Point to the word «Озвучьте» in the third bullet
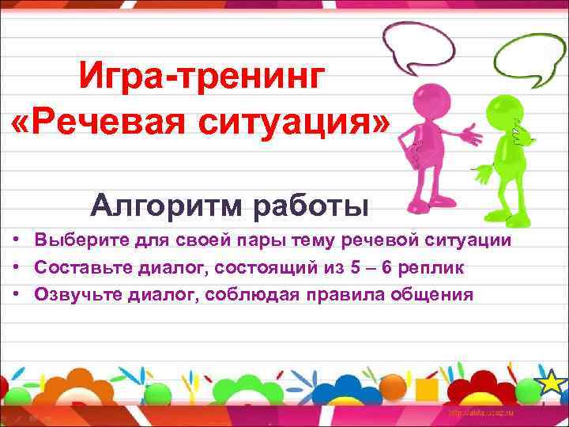[x=77, y=295]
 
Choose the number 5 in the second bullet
[x=349, y=267]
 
